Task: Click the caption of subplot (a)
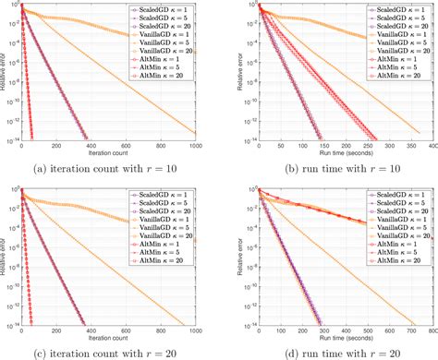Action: coord(111,167)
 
